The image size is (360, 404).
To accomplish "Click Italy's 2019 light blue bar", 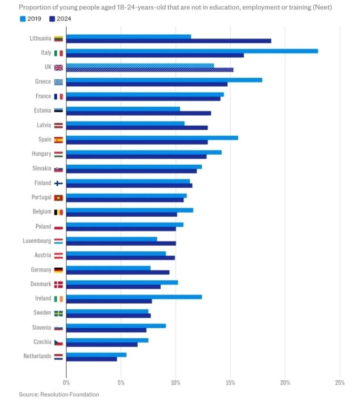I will tap(192, 51).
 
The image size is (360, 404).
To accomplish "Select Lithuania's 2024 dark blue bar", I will tap(169, 41).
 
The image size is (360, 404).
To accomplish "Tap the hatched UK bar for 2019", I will tap(140, 66).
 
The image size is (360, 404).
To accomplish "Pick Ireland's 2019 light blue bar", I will tap(134, 297).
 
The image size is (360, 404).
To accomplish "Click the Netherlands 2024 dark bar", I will tap(91, 359).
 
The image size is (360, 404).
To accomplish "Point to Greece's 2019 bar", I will tap(164, 80).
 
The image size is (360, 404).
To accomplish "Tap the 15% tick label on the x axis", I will tap(230, 382).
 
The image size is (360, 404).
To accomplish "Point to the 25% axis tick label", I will tap(339, 382).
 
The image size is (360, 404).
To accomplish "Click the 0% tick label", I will tap(66, 382).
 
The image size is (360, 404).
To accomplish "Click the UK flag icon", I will tap(58, 67).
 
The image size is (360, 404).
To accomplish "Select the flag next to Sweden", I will tap(58, 313).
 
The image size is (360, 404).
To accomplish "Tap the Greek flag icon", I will tap(58, 82).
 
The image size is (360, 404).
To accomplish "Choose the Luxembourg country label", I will tap(37, 240).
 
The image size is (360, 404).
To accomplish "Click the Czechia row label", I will tap(42, 342).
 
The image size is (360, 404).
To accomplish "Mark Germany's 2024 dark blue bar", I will tap(118, 272).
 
